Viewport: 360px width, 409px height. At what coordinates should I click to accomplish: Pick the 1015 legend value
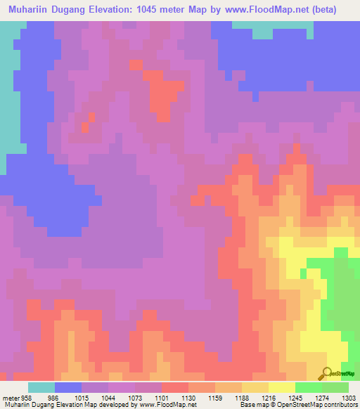(x=81, y=397)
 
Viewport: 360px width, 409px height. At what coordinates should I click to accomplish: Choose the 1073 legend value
(x=134, y=397)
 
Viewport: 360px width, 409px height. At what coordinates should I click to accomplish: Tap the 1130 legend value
(x=188, y=397)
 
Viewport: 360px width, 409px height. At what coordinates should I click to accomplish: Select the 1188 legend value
(x=242, y=397)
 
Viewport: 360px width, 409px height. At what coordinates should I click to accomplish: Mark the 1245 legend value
(x=295, y=397)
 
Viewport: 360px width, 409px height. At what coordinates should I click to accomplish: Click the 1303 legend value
(x=348, y=397)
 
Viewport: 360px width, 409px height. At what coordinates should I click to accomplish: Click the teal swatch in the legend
(x=41, y=387)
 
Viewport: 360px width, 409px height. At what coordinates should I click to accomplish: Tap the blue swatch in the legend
(x=68, y=387)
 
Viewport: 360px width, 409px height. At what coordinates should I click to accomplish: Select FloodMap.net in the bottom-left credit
(x=158, y=405)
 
